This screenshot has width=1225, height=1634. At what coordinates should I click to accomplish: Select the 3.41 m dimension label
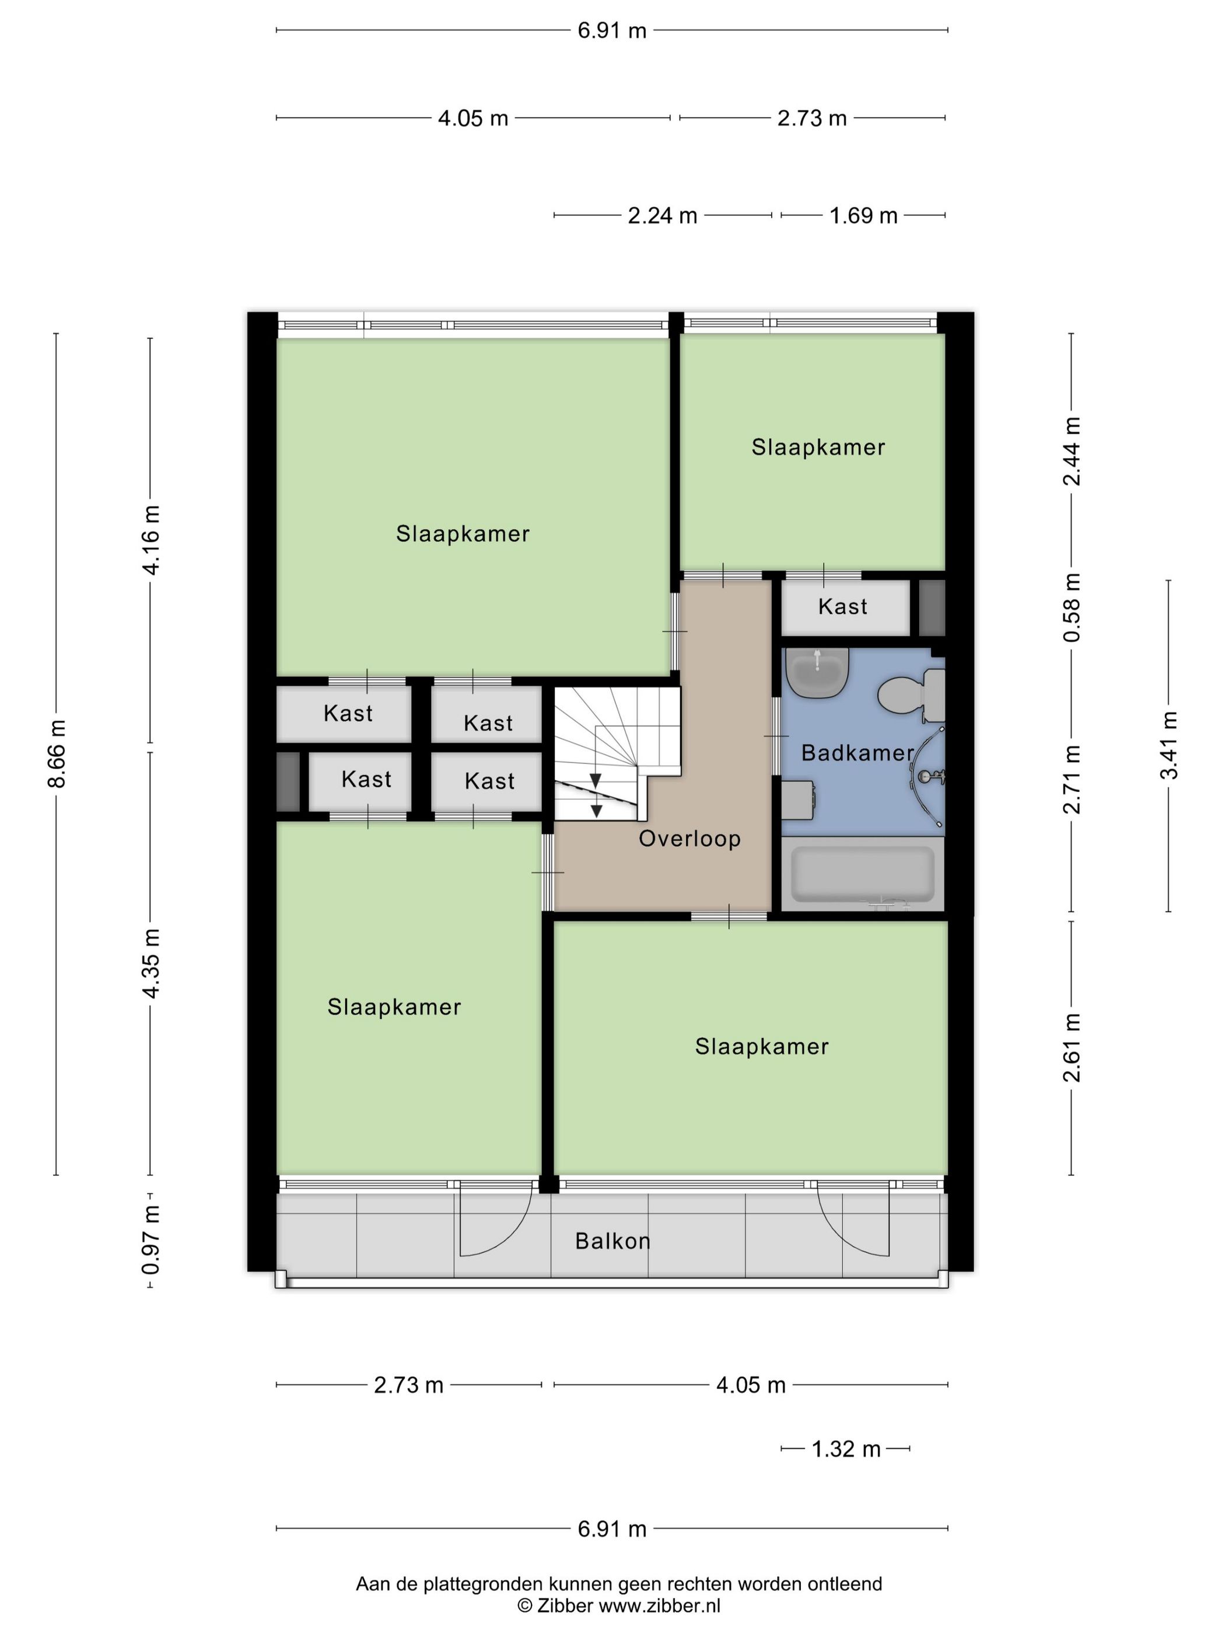coord(1169,745)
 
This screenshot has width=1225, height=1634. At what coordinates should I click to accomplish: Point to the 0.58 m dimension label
coord(1072,607)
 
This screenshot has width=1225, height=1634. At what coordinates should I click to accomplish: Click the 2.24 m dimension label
coord(661,216)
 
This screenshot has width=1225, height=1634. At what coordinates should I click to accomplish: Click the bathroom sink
coord(817,672)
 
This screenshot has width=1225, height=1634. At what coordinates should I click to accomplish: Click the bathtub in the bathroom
coord(862,874)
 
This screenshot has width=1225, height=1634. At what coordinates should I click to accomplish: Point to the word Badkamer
coord(857,753)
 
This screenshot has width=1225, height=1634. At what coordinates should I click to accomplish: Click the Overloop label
coord(689,839)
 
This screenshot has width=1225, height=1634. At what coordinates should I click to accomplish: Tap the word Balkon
coord(612,1241)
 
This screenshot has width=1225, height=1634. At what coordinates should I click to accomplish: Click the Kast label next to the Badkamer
coord(842,606)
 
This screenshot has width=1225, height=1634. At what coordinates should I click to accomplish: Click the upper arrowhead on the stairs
coord(595,781)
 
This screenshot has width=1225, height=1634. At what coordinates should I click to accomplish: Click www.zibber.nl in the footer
coord(659,1605)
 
